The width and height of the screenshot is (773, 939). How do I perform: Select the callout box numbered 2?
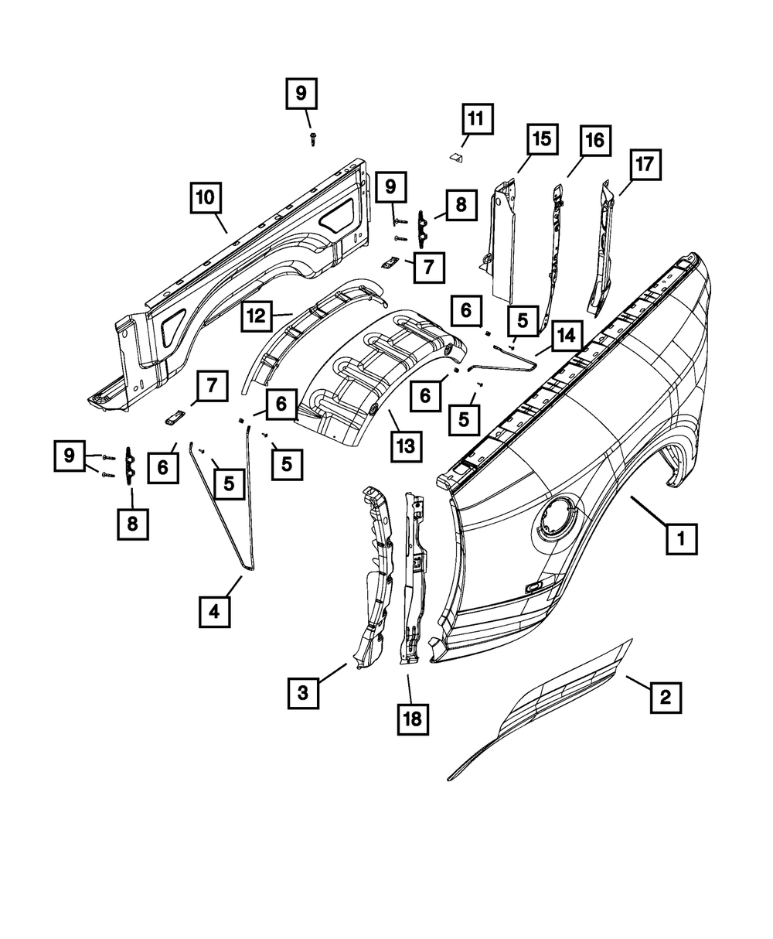(665, 698)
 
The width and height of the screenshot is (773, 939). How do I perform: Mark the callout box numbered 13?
(406, 446)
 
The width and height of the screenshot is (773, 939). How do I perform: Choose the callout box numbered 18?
(412, 719)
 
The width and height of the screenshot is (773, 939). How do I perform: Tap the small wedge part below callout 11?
(456, 157)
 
